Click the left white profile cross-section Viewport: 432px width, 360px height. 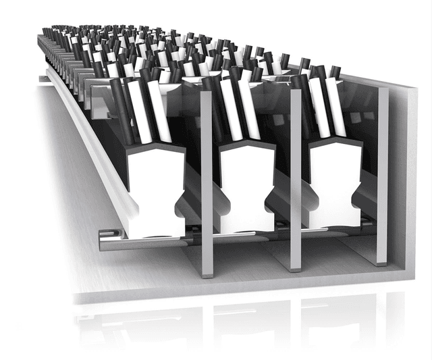155,192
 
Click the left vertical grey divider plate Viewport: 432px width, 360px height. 207,182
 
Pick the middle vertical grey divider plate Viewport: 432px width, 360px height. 295,179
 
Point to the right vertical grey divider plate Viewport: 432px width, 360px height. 383,176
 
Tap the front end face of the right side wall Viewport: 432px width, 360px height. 411,182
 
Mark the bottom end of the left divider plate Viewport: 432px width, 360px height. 207,274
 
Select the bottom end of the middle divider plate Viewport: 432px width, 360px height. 296,268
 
